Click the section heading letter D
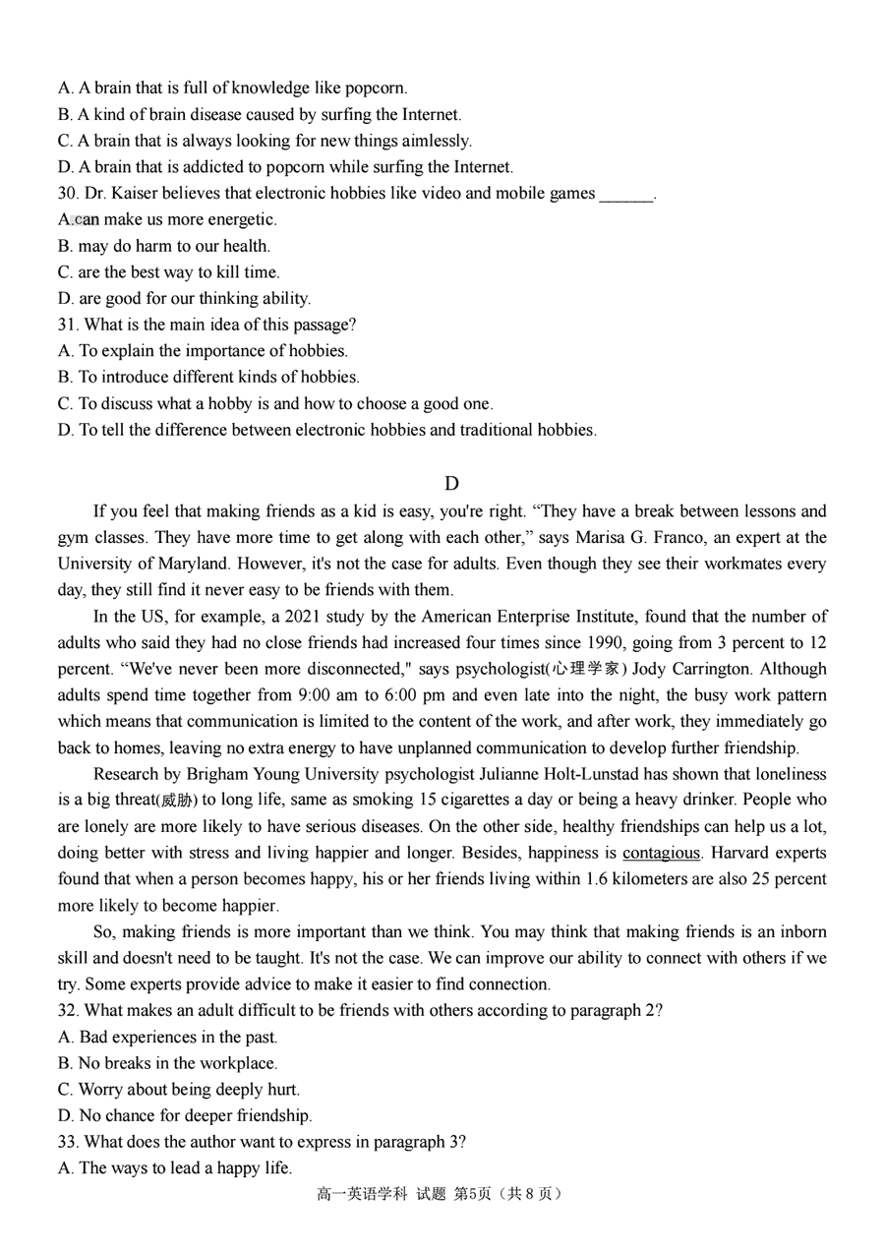(451, 483)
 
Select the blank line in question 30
(625, 194)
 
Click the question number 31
(67, 325)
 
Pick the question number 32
(67, 1010)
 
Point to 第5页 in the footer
(471, 1194)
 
